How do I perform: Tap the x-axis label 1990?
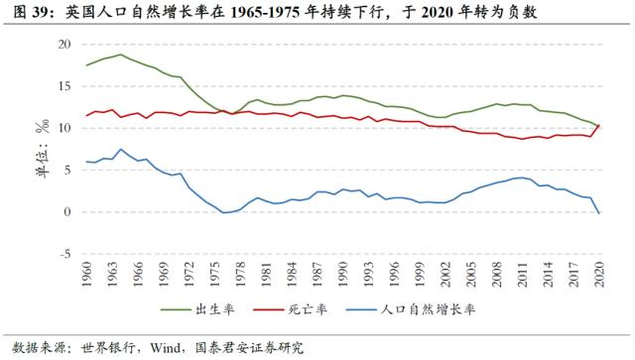coord(344,274)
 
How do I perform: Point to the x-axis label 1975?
coord(215,274)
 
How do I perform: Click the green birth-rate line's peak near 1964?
coord(120,55)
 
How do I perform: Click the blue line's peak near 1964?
coord(120,150)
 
